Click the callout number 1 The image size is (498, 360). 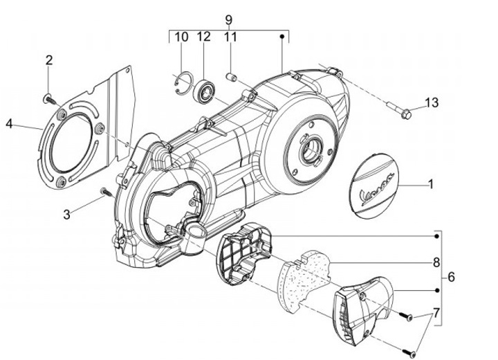tap(430, 185)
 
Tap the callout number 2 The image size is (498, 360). tap(49, 60)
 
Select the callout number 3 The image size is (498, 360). tap(67, 215)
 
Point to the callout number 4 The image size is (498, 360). tap(9, 124)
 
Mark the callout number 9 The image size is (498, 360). tap(229, 19)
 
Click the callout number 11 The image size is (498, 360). tap(230, 37)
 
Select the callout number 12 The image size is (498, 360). tap(205, 37)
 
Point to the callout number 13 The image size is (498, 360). tap(431, 103)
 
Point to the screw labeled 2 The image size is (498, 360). tap(48, 98)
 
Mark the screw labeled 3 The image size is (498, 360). tap(104, 190)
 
